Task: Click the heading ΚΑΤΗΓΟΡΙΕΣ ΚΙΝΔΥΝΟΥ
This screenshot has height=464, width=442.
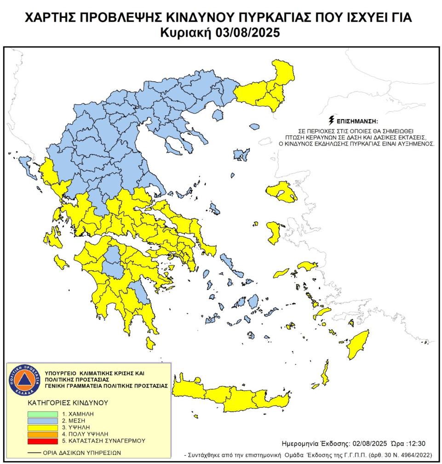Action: (x=68, y=402)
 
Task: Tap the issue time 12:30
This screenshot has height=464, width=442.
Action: (x=416, y=444)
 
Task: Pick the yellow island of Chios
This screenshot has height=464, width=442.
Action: (x=275, y=232)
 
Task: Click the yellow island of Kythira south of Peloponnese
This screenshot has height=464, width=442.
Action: (x=149, y=343)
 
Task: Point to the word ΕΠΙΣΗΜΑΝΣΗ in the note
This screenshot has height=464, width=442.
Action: (x=357, y=122)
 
